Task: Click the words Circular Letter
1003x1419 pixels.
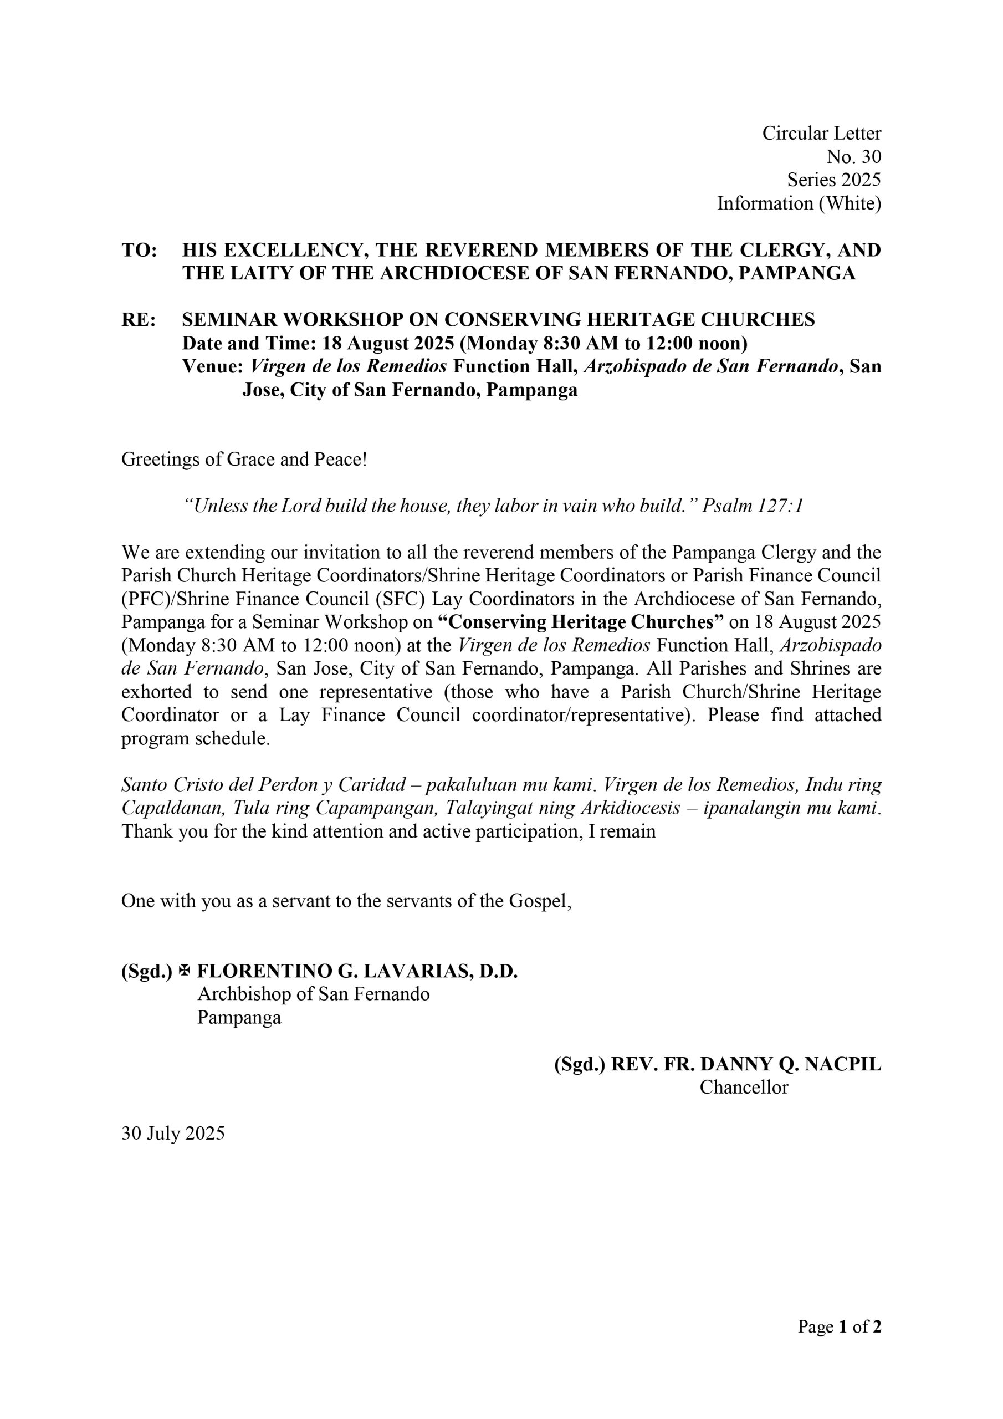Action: point(821,134)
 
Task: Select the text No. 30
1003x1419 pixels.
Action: point(853,157)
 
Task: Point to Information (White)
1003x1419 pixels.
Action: point(799,203)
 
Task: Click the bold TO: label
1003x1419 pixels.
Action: point(139,251)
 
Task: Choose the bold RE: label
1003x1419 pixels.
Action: point(139,320)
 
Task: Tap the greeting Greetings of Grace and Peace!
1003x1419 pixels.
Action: point(244,460)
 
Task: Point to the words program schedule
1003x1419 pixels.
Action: point(195,739)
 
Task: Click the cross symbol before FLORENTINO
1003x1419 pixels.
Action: point(184,972)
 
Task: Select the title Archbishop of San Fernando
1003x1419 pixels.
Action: point(313,994)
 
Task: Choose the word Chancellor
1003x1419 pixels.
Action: point(744,1088)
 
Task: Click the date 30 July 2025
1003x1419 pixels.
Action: point(173,1134)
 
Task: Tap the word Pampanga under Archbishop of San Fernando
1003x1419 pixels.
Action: point(239,1018)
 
